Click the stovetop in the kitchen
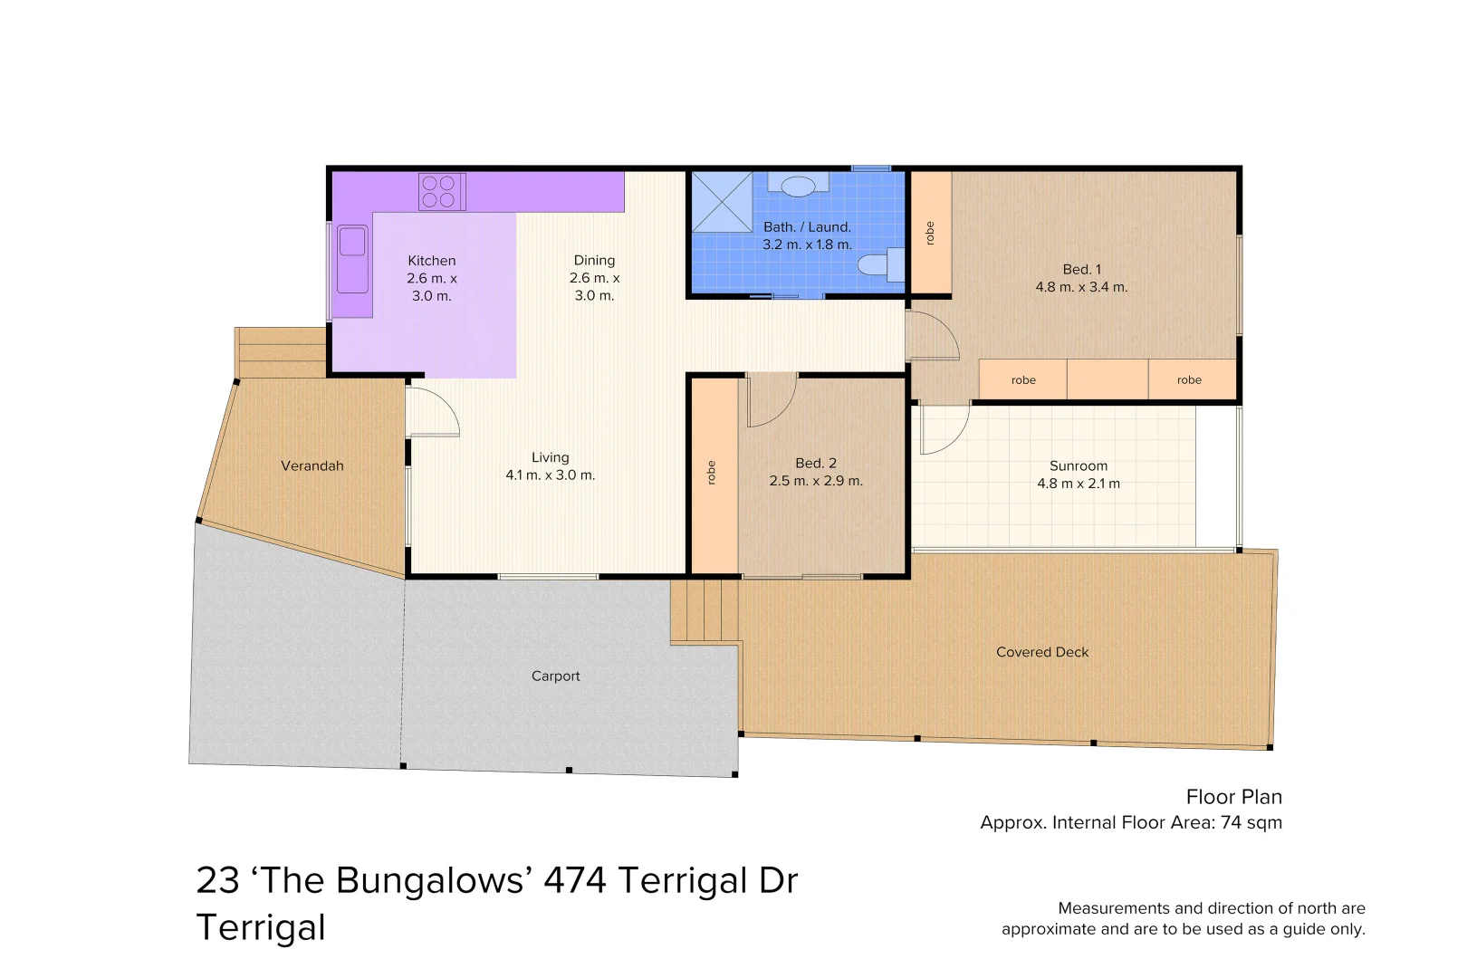coord(443,191)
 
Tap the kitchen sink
coord(352,259)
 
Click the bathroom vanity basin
coord(799,186)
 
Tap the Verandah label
coord(312,465)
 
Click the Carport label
coord(556,676)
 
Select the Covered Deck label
coord(1042,652)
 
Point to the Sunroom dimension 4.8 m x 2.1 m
coord(1079,484)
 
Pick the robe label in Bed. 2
coord(712,473)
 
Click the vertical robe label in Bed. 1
coord(930,234)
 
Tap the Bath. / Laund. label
coord(808,227)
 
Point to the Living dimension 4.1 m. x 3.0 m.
coord(551,475)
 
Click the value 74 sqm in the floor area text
coord(1251,822)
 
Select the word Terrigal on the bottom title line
coord(261,927)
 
